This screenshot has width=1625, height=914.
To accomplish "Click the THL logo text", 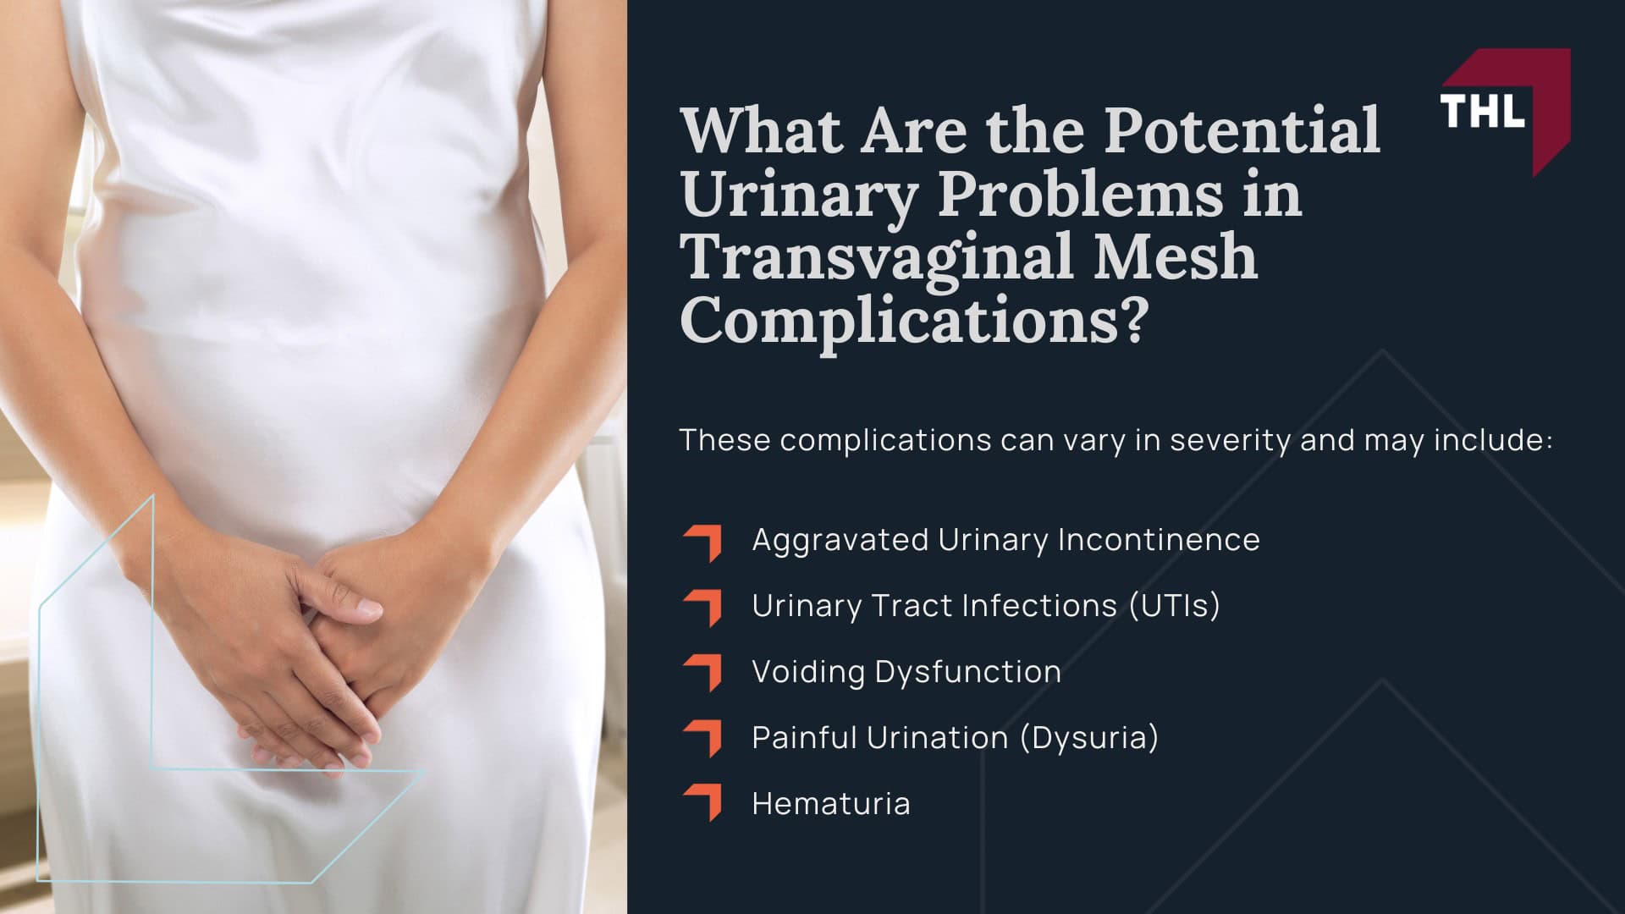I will coord(1482,111).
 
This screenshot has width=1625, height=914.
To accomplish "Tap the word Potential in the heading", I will coord(1242,131).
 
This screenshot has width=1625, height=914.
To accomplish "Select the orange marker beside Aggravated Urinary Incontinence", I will coord(703,542).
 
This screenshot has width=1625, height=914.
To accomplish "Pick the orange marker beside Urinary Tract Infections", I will coord(703,608).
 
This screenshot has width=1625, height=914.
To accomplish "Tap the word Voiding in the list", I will coord(807,672).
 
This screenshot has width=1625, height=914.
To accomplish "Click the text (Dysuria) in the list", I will coord(1089,738).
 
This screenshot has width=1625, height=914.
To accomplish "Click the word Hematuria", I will coord(831,804).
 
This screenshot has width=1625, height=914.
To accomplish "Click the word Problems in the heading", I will coord(1080,195).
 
